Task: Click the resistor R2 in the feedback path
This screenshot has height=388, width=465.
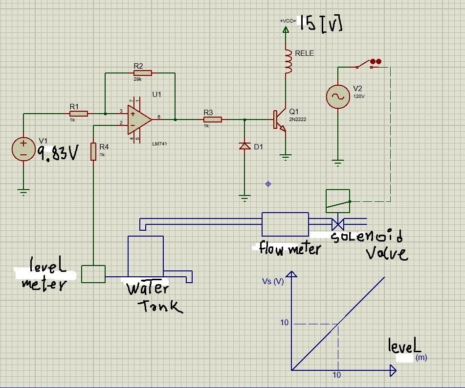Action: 142,73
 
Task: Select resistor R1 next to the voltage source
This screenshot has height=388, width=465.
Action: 78,114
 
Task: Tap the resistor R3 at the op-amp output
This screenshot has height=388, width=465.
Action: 212,119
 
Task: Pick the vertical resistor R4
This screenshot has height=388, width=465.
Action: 93,151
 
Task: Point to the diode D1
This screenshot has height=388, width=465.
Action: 244,145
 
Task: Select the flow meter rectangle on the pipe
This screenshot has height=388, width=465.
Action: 285,224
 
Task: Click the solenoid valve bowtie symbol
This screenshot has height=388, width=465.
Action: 337,224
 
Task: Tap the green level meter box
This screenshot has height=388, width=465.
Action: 93,273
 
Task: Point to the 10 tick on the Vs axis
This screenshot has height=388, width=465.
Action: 285,323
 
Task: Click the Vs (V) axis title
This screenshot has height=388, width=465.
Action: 273,281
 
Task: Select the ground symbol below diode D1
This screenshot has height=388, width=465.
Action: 244,197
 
